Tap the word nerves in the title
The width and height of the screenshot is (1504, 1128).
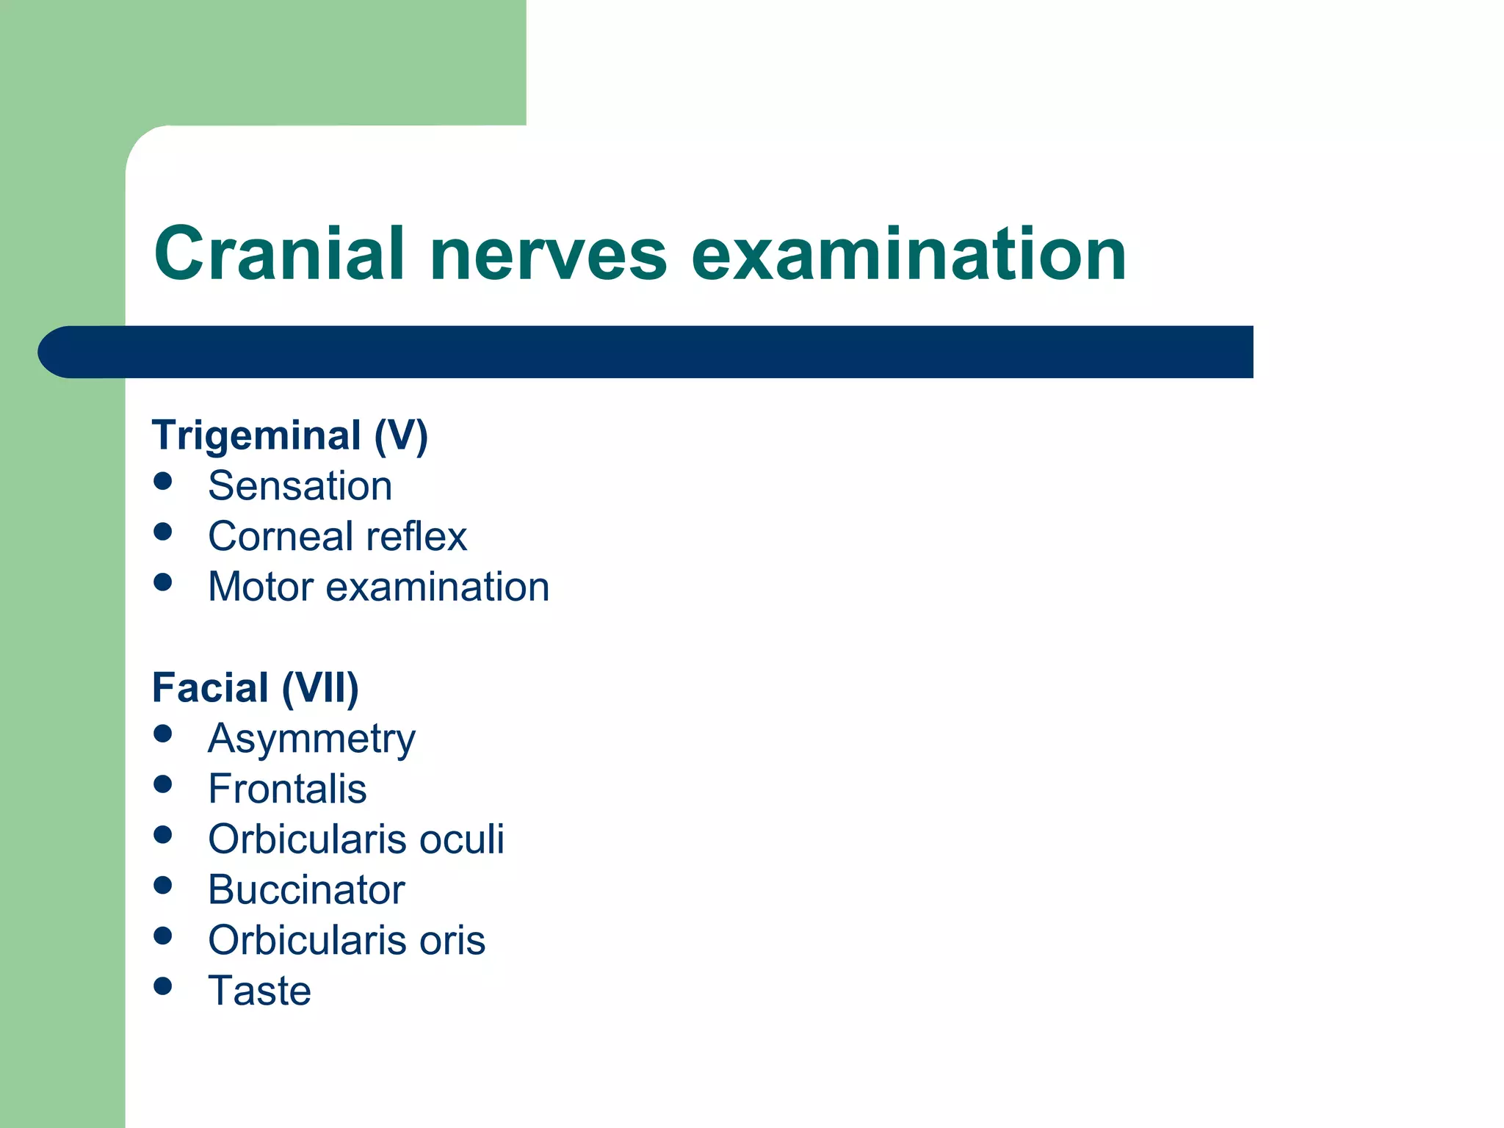point(548,255)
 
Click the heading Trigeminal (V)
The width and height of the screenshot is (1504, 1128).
point(289,435)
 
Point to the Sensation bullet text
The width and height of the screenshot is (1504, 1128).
point(300,486)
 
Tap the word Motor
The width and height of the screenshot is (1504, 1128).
point(261,587)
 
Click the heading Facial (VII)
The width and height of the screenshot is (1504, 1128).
point(255,688)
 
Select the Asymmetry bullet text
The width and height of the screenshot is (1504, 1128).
point(311,739)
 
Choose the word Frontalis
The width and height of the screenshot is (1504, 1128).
point(287,789)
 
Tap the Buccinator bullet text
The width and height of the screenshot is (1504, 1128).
point(306,890)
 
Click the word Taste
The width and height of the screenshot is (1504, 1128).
point(259,991)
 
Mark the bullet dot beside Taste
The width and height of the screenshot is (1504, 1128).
point(163,986)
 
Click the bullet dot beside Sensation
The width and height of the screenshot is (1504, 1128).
point(163,482)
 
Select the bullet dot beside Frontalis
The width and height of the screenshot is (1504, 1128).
point(163,784)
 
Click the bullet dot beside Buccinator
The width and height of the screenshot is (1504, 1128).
point(163,885)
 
